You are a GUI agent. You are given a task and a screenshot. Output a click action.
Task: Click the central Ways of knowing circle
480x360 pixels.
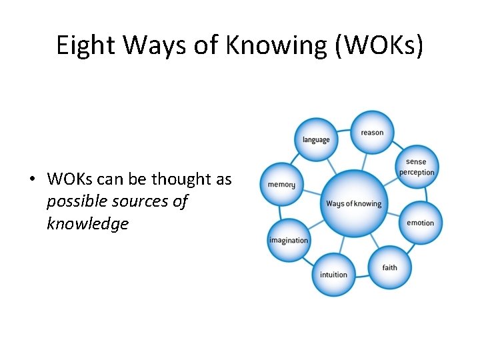(353, 203)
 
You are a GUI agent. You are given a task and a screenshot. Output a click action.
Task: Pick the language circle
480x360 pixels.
(316, 139)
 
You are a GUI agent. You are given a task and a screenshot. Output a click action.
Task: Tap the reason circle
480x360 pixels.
(372, 132)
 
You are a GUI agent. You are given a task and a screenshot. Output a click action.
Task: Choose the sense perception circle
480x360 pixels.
(416, 167)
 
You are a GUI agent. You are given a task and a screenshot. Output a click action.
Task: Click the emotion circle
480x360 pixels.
(420, 223)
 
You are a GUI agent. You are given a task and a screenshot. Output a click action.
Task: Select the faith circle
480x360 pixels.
(390, 267)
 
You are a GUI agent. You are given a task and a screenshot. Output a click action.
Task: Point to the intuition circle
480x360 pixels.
(333, 274)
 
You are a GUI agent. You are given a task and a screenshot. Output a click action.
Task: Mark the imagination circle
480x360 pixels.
(289, 240)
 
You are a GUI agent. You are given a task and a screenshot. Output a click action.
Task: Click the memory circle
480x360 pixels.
(281, 184)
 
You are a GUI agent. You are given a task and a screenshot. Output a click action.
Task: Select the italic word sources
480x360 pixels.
(136, 201)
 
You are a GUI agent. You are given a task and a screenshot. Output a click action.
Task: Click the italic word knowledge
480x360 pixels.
(87, 224)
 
